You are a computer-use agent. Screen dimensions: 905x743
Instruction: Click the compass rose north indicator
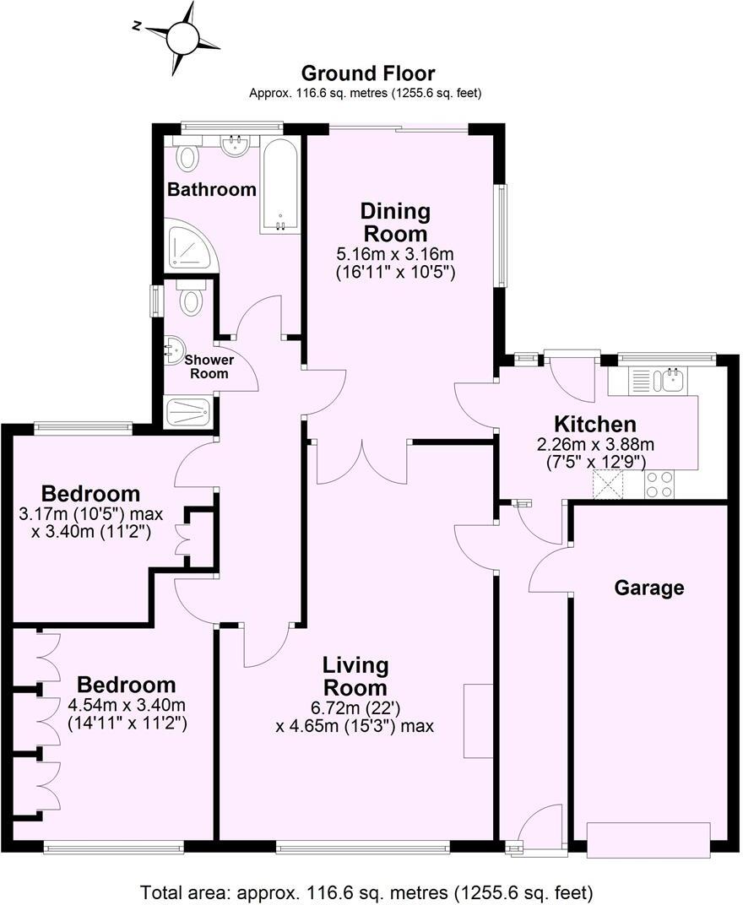click(x=179, y=37)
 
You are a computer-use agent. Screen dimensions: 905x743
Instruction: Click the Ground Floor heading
click(x=367, y=73)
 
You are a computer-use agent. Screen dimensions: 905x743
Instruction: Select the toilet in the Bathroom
click(x=187, y=156)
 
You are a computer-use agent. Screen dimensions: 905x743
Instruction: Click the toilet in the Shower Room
click(x=192, y=299)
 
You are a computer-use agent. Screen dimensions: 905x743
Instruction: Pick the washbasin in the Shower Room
click(x=175, y=347)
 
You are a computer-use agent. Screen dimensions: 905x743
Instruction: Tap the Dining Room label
click(x=395, y=222)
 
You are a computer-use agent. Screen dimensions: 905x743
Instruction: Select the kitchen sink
click(x=672, y=381)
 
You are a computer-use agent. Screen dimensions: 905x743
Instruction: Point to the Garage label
click(x=648, y=588)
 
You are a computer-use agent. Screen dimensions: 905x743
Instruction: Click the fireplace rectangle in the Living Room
click(x=477, y=720)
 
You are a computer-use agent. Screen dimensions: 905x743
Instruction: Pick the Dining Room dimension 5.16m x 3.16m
click(x=395, y=254)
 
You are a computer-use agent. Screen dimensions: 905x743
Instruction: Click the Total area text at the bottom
click(x=366, y=891)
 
